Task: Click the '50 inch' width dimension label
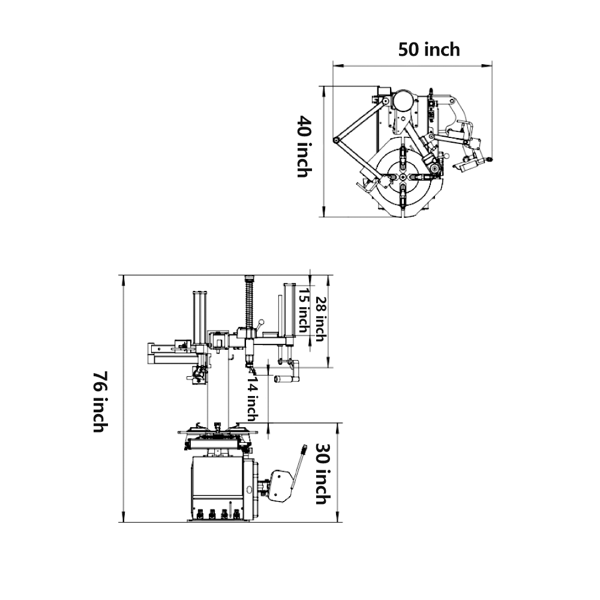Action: coord(429,49)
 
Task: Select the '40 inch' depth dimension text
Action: coord(304,147)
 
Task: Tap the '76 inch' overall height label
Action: coord(100,402)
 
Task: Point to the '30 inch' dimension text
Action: coord(322,474)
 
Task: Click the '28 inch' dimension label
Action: coord(320,319)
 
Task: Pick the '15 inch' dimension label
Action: coord(303,310)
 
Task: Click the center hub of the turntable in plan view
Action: coord(403,178)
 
